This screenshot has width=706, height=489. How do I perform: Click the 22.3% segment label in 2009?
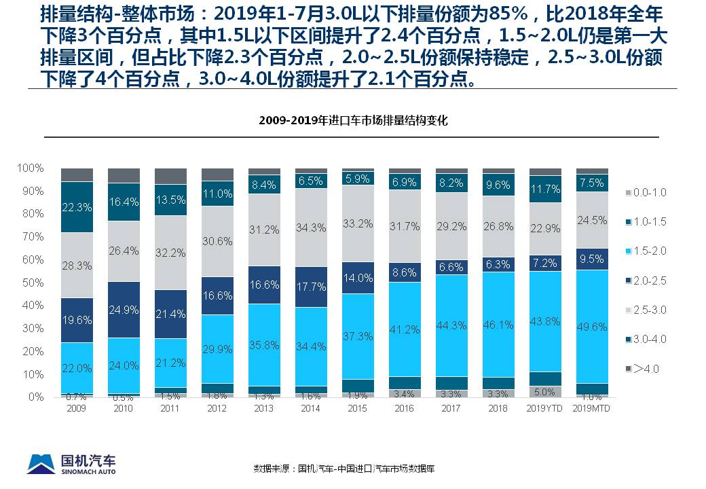point(77,207)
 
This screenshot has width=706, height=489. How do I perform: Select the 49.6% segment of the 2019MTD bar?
point(591,327)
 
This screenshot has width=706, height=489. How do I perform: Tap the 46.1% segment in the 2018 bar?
point(498,325)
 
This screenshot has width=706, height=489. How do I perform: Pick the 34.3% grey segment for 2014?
point(311,228)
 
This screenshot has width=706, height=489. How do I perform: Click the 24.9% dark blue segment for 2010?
point(124,310)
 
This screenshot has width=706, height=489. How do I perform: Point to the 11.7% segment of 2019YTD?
point(545,189)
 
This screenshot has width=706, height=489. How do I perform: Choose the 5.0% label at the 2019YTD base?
point(545,392)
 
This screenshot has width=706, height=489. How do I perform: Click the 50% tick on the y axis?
point(31,282)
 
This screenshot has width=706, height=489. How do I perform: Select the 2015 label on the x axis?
point(358,408)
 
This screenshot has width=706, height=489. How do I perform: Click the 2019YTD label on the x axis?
point(545,408)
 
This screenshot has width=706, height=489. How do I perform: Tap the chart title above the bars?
point(353,121)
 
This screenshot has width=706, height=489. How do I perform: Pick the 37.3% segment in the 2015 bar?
point(358,336)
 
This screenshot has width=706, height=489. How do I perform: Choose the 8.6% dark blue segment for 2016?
point(405,272)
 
